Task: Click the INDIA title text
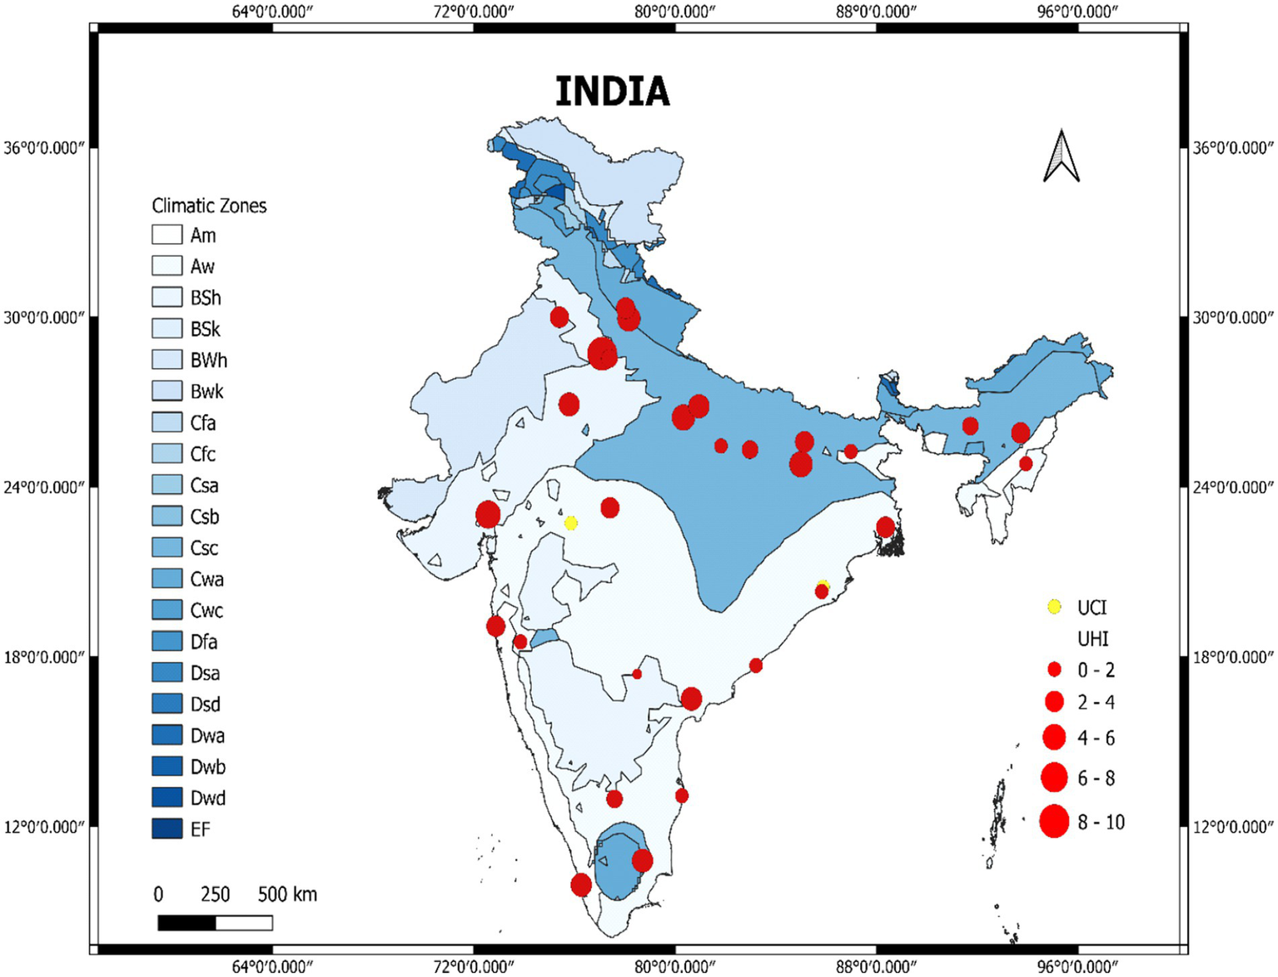[x=612, y=92]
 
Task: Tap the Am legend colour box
[x=167, y=235]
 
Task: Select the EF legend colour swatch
[x=167, y=829]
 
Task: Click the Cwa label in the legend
[x=206, y=580]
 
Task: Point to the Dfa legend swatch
[x=167, y=641]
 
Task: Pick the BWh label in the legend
[x=208, y=361]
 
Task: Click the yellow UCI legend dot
[x=1054, y=607]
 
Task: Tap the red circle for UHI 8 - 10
[x=1054, y=821]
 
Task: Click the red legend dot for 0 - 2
[x=1054, y=670]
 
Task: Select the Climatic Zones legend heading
[x=209, y=206]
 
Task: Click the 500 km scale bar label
[x=287, y=895]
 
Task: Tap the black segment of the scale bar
[x=186, y=923]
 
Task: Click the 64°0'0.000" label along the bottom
[x=272, y=966]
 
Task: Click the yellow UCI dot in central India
[x=570, y=523]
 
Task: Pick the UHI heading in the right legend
[x=1092, y=639]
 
